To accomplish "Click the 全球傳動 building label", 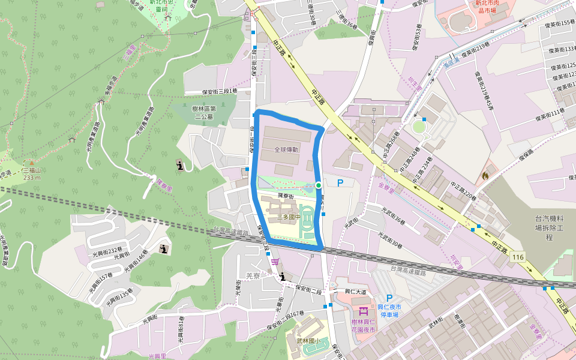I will pyautogui.click(x=287, y=149).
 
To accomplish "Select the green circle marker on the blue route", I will pyautogui.click(x=318, y=185).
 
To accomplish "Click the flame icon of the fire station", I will pyautogui.click(x=485, y=176).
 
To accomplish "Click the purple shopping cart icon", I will pyautogui.click(x=275, y=261).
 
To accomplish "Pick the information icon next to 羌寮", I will pyautogui.click(x=283, y=277).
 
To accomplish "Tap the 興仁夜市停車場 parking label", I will pyautogui.click(x=389, y=311).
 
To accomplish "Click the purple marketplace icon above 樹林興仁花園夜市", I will pyautogui.click(x=362, y=311).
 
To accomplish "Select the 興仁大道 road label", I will pyautogui.click(x=355, y=292).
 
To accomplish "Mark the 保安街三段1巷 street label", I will pyautogui.click(x=220, y=91).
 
